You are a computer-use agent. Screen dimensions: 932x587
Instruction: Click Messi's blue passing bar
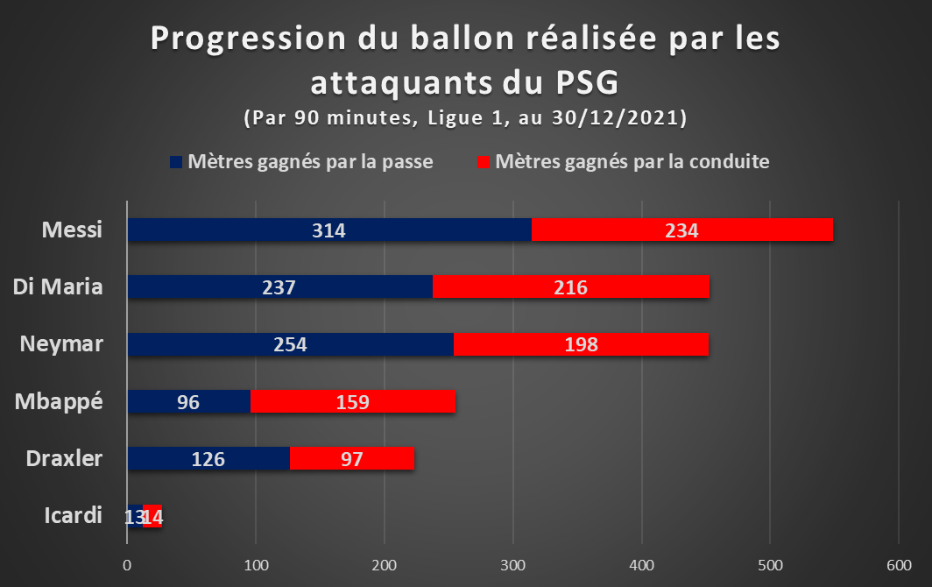[329, 230]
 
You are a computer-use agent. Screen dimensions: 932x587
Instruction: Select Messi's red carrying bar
[682, 230]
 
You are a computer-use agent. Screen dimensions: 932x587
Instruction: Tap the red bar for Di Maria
[570, 286]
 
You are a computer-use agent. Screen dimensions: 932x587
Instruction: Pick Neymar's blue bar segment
[290, 344]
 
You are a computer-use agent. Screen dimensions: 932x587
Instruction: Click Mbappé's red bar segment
[352, 401]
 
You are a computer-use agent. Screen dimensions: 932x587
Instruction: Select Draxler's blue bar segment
[208, 458]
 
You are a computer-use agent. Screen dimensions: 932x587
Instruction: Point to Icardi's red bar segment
[152, 516]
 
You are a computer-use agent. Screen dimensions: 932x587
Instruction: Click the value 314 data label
[328, 230]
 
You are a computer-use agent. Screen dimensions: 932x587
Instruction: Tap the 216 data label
[570, 288]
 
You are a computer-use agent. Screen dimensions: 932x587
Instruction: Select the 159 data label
[352, 403]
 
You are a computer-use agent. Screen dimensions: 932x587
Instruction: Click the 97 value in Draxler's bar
[352, 460]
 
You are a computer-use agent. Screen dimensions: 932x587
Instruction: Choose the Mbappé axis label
[59, 402]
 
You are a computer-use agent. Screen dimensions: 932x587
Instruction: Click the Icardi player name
[73, 515]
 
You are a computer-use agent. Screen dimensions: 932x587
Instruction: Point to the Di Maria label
[58, 286]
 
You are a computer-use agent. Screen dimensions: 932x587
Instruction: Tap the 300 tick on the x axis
[512, 565]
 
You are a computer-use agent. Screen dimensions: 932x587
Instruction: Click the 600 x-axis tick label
[899, 565]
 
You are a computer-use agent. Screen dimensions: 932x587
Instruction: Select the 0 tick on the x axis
[127, 565]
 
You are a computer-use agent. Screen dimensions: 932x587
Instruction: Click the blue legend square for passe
[176, 162]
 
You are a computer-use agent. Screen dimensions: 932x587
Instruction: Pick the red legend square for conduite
[484, 162]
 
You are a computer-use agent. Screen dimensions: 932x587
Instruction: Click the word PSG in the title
[587, 82]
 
